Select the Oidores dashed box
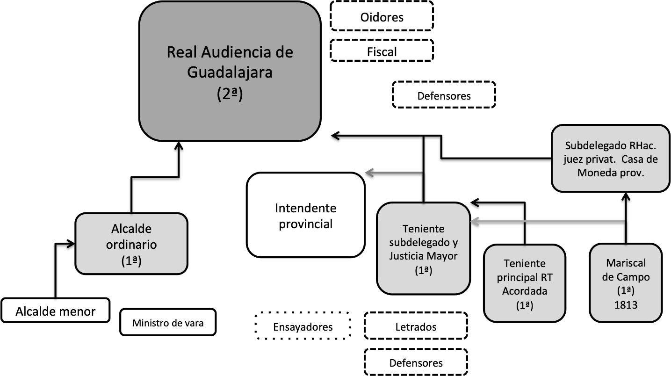[x=382, y=17]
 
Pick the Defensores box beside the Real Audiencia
[x=444, y=95]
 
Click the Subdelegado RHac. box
[x=611, y=159]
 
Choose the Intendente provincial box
[x=305, y=215]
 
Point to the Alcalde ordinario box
[x=131, y=244]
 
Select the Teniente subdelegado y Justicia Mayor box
[x=423, y=248]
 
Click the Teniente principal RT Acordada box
[x=524, y=283]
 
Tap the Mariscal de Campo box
[x=626, y=282]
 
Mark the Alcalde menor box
[x=55, y=311]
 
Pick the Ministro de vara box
[x=168, y=322]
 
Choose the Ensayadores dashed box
[x=303, y=326]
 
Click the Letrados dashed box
[x=415, y=326]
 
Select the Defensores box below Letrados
[x=415, y=362]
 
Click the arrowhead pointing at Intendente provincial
[x=370, y=173]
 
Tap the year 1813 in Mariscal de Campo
[x=626, y=304]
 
